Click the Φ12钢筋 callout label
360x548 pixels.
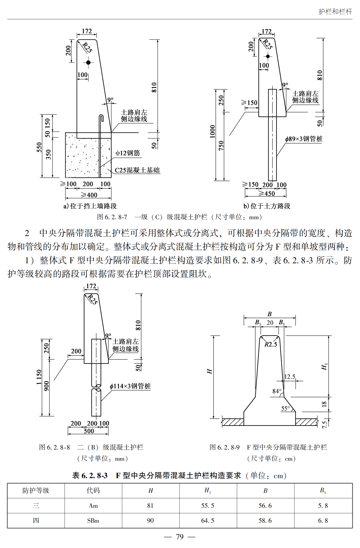click(128, 153)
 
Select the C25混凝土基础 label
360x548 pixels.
click(137, 170)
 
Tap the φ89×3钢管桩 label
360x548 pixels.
click(304, 139)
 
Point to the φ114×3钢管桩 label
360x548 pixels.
click(130, 386)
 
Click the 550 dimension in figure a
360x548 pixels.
click(39, 147)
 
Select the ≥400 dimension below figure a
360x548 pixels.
click(89, 195)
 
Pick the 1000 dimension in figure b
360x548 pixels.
click(213, 132)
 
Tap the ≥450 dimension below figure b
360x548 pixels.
click(266, 194)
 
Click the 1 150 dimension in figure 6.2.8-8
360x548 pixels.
click(39, 377)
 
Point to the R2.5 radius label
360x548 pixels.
click(271, 344)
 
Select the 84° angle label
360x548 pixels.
click(277, 391)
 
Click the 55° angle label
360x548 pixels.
click(285, 408)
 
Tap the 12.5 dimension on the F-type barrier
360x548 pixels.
click(290, 377)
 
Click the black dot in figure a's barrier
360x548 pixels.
click(88, 63)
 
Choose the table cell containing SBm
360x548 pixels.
click(93, 521)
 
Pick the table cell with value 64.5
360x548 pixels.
click(208, 521)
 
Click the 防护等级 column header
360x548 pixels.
click(36, 491)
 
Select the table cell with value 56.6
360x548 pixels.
click(265, 506)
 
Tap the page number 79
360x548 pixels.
click(180, 537)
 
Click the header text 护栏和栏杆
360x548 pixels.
click(335, 11)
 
